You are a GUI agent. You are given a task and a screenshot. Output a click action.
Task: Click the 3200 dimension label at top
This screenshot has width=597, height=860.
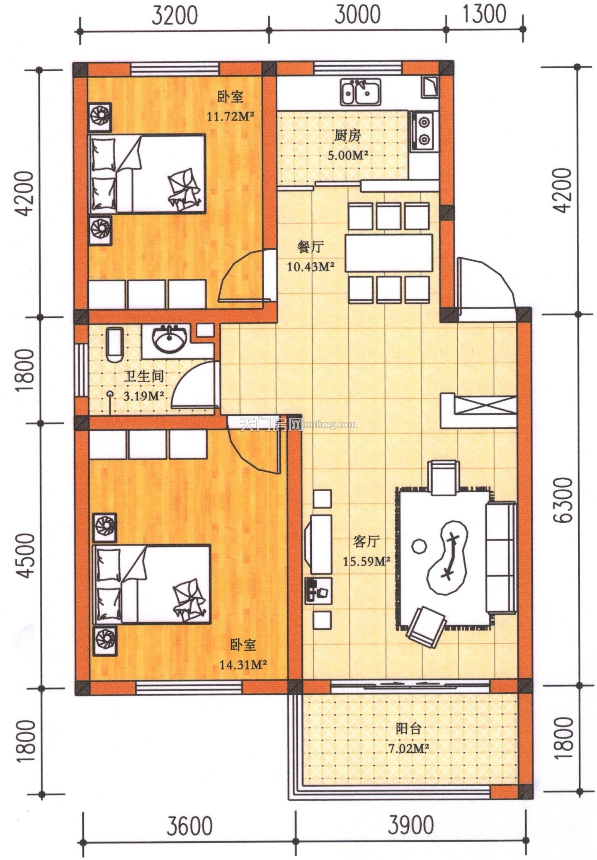(174, 15)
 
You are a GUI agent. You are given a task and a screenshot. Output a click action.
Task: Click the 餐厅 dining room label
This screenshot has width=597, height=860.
(311, 247)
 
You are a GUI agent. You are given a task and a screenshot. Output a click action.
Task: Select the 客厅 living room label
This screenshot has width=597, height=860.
(366, 541)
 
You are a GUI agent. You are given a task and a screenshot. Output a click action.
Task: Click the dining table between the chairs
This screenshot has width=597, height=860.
(388, 253)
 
